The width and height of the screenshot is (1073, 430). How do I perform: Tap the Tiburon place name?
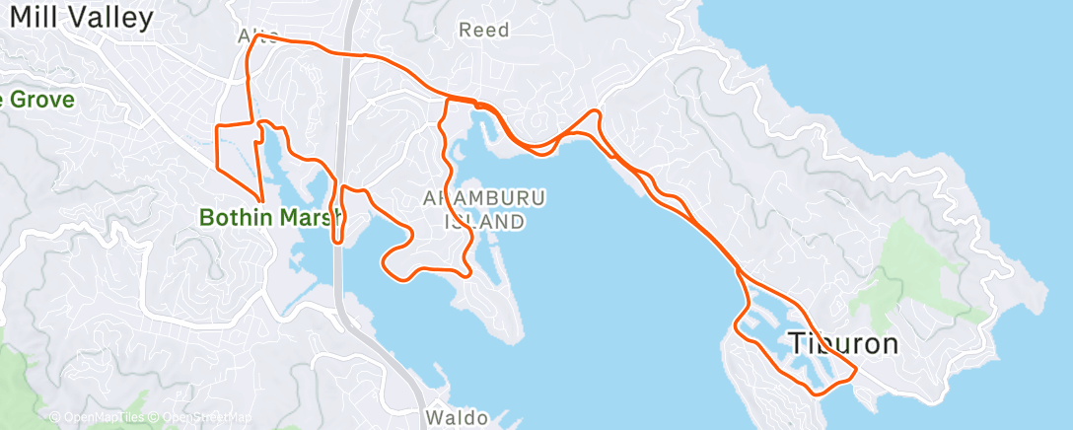[x=843, y=344]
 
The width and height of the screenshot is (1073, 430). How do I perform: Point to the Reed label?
[x=484, y=31]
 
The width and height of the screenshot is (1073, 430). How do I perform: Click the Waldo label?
[x=457, y=418]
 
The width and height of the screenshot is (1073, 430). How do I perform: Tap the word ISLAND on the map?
[x=484, y=222]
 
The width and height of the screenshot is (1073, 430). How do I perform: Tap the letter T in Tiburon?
[x=796, y=344]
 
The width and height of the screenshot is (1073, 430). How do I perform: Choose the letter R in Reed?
[x=465, y=31]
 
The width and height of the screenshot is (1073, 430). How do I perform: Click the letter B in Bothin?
[x=207, y=216]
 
